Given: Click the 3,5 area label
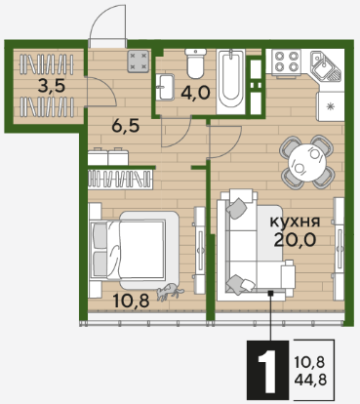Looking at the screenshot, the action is point(52,87).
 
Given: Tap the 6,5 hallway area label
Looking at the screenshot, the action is point(126,126).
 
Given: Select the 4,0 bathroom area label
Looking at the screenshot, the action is point(196,94).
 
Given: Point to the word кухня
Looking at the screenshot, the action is point(296,222).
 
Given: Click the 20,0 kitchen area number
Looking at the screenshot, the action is point(295,240).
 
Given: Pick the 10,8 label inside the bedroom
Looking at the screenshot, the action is point(131,301).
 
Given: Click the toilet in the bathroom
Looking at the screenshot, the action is point(195,63).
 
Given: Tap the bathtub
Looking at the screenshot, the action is point(230,82).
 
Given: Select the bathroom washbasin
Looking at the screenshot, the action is point(165,87).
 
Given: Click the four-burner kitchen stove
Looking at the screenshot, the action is point(286,63).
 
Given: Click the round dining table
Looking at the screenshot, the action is point(307,162).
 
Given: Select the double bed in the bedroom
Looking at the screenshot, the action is point(134,250).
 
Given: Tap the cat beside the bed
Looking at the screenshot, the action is point(170,291).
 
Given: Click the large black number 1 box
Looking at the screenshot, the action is point(267,371).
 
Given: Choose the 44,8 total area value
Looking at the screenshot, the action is point(310,380).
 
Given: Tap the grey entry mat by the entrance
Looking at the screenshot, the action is point(139,61).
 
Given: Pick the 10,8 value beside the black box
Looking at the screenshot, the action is point(310,362).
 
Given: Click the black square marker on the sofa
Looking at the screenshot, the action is point(270,294).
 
